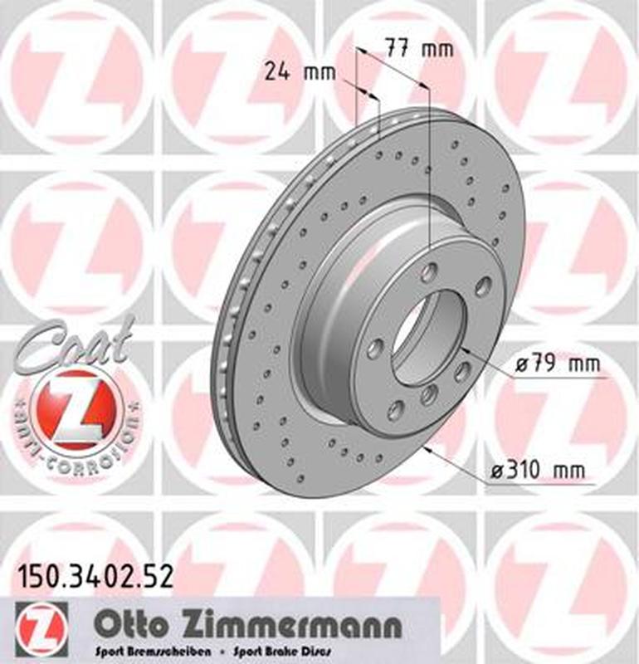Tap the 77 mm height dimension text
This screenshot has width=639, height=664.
click(420, 48)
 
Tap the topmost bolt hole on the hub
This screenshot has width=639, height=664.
click(429, 272)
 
